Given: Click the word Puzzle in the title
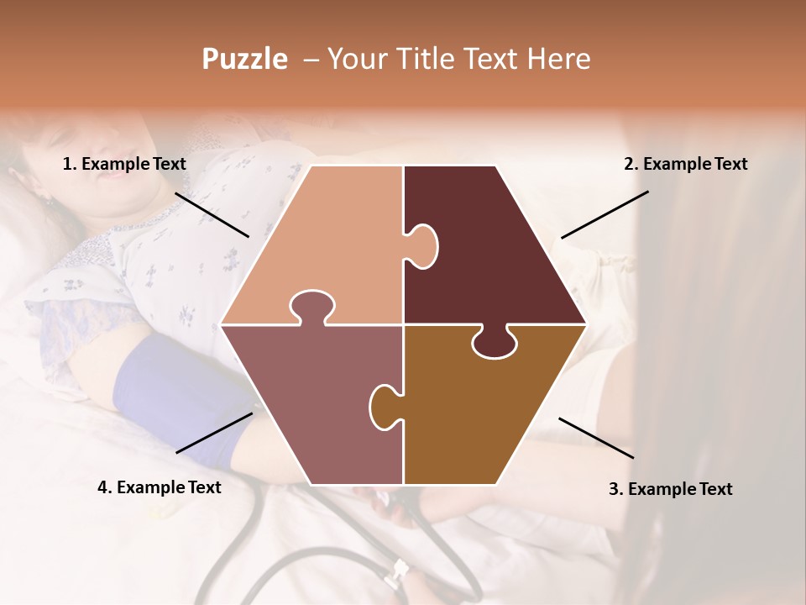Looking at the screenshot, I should pos(244,60).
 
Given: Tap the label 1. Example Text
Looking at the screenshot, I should pos(124,165).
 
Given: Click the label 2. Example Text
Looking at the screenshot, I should pos(685,165).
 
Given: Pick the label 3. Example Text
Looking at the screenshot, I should pos(670,489).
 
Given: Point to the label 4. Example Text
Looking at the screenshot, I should pos(160,487).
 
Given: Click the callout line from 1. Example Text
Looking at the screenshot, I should pos(212,214).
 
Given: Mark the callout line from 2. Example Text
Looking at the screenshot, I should pos(604,214).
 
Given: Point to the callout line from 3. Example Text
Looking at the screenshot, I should pos(596,438).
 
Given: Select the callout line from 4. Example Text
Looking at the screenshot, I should pos(214,432).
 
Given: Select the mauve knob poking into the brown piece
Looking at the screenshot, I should pos(385,405).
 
